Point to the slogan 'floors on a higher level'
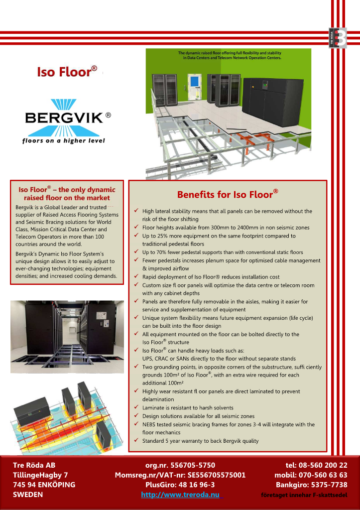[x=63, y=140]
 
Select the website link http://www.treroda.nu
[x=180, y=495]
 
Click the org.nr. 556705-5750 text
[x=180, y=465]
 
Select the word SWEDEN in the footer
[x=28, y=495]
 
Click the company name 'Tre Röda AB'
[x=34, y=465]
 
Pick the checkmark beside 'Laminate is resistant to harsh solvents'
[x=137, y=407]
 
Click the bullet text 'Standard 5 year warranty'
[x=200, y=441]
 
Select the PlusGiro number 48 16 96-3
[x=180, y=485]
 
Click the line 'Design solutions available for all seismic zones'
[x=198, y=416]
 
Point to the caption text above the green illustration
[x=230, y=55]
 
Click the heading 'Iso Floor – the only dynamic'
[x=67, y=190]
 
